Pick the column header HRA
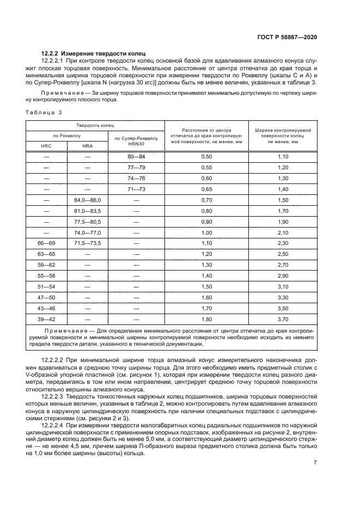click(87, 146)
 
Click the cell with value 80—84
click(136, 157)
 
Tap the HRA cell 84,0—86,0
click(87, 200)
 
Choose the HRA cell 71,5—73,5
click(87, 242)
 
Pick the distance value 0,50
click(206, 157)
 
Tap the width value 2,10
click(283, 232)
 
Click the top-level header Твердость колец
click(95, 125)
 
